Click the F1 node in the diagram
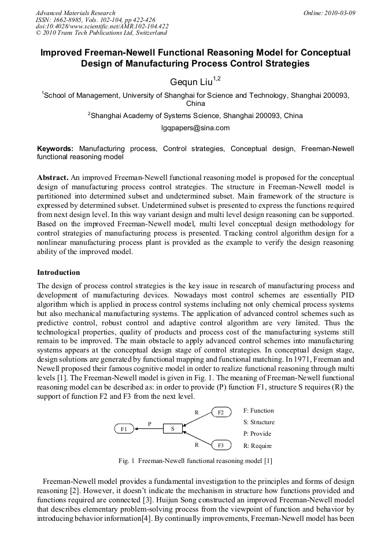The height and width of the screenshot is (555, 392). [x=124, y=429]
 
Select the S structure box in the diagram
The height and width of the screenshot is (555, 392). [x=172, y=429]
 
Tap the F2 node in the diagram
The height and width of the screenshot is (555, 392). [x=221, y=412]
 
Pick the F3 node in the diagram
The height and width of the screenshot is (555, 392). [x=221, y=445]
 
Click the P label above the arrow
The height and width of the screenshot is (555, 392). [x=149, y=423]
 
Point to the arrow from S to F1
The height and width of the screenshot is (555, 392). [x=149, y=429]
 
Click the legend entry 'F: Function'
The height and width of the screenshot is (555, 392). [x=258, y=410]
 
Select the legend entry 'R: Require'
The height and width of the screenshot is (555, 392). [x=257, y=446]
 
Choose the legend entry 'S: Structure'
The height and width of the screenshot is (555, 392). [x=259, y=422]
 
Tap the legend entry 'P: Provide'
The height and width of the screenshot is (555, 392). [x=257, y=433]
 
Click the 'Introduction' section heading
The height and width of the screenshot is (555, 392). [x=58, y=272]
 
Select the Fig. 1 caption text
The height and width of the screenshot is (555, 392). [x=195, y=461]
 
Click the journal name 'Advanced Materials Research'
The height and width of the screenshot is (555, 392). [x=75, y=12]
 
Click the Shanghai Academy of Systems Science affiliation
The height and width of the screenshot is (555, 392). [x=195, y=115]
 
